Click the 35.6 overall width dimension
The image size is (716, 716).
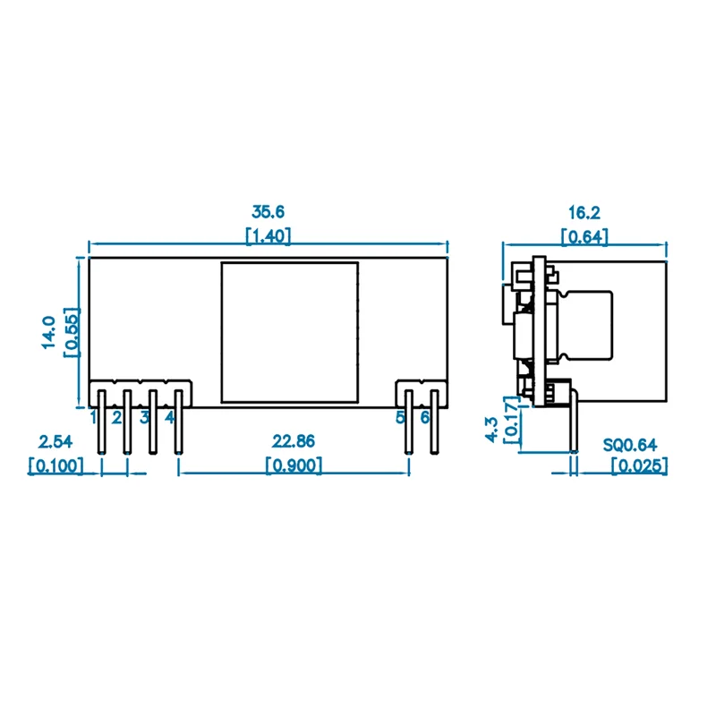(x=268, y=212)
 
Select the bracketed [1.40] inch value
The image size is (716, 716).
(x=268, y=236)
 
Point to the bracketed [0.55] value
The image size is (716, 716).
(x=72, y=331)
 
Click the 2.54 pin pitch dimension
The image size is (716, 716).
(x=55, y=441)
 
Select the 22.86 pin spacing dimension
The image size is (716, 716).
(x=294, y=441)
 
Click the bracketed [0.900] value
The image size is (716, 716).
(x=294, y=465)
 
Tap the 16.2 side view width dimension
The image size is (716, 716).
(x=584, y=212)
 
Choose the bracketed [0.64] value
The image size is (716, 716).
(x=584, y=236)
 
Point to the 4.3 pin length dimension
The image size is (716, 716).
(x=490, y=427)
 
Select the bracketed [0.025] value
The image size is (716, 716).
(x=639, y=465)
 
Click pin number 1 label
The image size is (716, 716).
(x=93, y=417)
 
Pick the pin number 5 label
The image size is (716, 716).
(x=401, y=417)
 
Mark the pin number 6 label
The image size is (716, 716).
(x=425, y=417)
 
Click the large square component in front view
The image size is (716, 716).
(x=289, y=331)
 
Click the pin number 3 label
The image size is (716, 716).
(x=143, y=417)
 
